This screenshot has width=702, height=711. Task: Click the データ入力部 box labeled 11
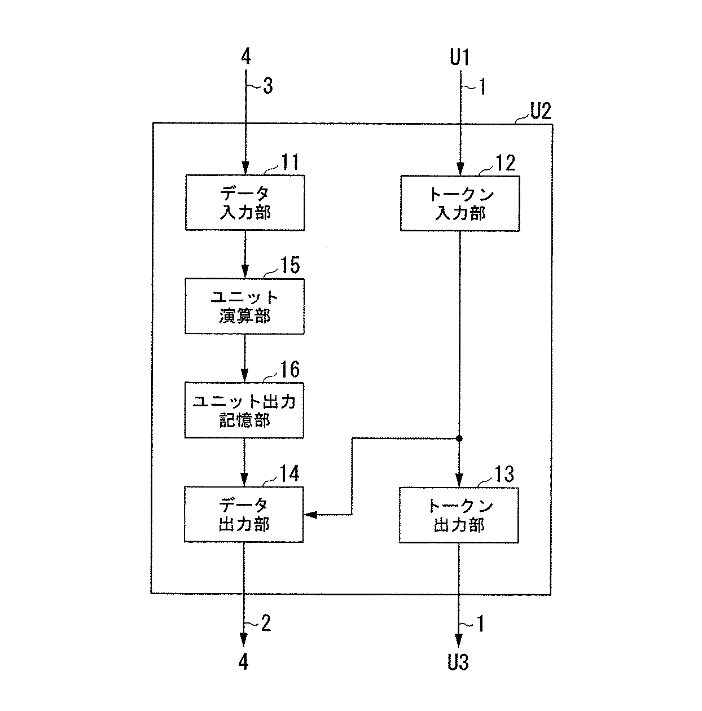click(245, 203)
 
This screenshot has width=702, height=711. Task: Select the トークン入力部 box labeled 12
click(460, 204)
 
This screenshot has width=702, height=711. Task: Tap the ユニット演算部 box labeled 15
click(245, 306)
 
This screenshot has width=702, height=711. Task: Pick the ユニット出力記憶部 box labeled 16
click(244, 410)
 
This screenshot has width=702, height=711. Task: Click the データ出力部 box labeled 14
click(244, 515)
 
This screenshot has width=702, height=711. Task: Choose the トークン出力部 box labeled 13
click(459, 515)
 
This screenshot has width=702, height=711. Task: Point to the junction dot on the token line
click(459, 438)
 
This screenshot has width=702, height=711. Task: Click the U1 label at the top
click(459, 57)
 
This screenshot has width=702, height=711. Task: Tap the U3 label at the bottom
click(458, 662)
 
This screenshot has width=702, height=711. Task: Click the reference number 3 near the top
click(268, 86)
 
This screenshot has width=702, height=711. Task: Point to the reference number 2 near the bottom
click(266, 623)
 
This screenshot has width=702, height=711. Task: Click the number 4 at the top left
click(245, 56)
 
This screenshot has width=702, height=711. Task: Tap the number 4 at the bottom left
click(243, 662)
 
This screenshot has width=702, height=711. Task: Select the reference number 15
click(290, 265)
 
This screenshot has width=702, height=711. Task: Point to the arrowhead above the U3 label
click(459, 640)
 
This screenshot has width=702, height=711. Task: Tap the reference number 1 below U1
click(481, 86)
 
